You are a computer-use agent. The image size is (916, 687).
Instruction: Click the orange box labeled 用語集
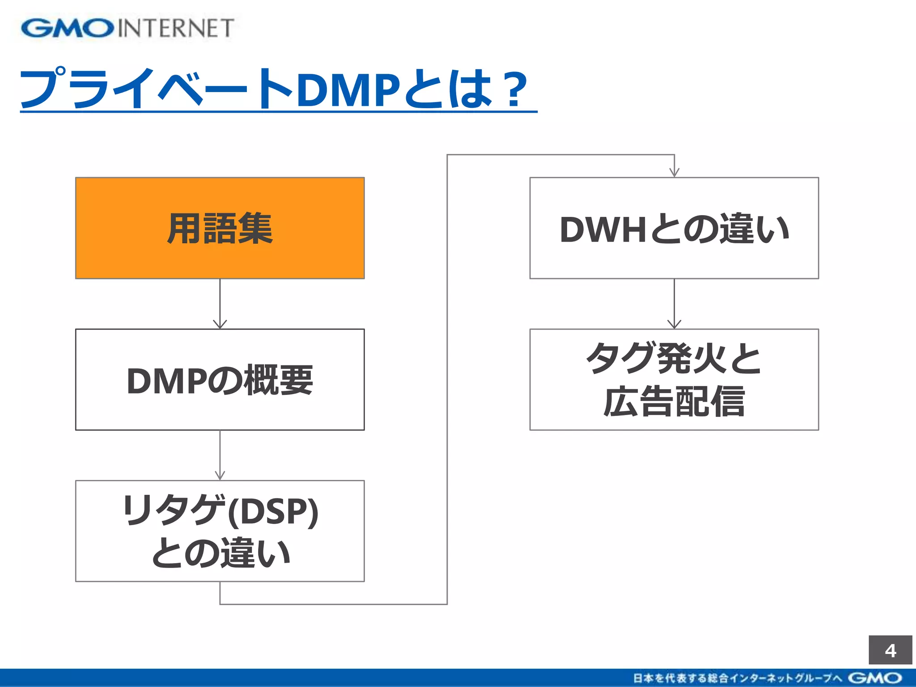220,228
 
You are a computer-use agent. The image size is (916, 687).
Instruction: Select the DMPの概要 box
220,380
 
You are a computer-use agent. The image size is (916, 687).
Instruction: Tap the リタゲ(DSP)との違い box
220,531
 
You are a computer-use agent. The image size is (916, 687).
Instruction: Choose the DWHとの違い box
674,228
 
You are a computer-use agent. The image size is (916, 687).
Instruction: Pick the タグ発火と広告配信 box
674,380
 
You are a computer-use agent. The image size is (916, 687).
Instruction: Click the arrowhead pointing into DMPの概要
220,324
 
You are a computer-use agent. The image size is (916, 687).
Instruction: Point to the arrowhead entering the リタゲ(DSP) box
220,475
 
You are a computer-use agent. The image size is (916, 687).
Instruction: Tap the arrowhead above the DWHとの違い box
674,172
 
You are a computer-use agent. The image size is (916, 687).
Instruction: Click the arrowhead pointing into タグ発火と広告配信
674,324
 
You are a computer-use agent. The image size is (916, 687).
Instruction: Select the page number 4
890,650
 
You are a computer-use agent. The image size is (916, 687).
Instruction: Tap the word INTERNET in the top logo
176,28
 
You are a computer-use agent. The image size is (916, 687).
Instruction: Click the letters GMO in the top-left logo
67,28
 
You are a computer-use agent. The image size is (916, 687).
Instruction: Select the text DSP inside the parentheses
273,511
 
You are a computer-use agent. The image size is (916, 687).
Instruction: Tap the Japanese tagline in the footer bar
738,678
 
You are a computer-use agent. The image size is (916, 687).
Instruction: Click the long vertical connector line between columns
447,380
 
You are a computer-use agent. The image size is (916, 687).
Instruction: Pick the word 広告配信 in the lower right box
674,402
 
